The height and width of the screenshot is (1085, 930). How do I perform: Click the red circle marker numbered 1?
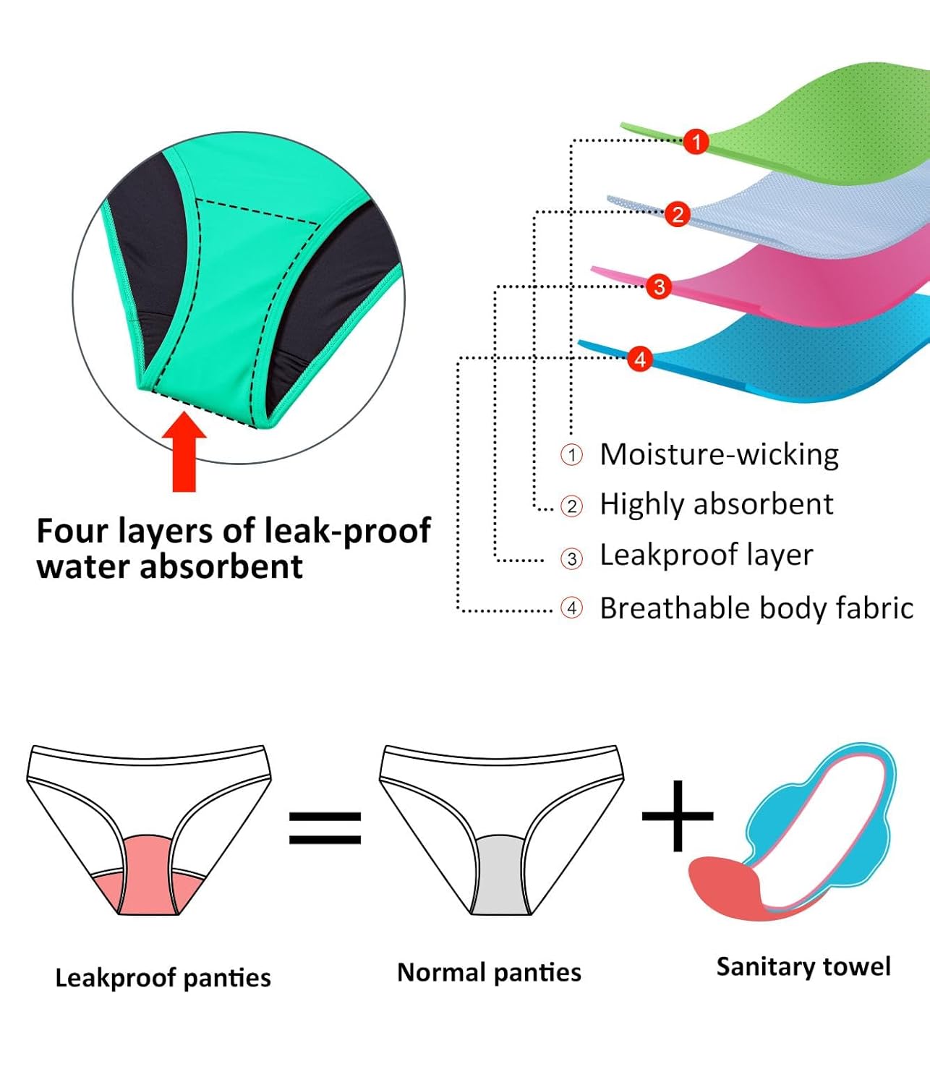click(x=696, y=141)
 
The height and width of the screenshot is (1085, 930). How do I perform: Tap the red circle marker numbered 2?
click(x=678, y=214)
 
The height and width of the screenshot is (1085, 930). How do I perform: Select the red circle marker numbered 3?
click(x=659, y=286)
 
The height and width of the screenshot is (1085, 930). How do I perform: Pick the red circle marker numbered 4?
click(x=639, y=359)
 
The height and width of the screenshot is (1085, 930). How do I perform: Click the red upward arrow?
click(x=184, y=452)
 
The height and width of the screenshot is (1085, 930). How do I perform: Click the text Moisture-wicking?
click(x=719, y=455)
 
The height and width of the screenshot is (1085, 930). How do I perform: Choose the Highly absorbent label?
click(x=716, y=504)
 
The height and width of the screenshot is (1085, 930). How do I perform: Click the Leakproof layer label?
click(x=706, y=556)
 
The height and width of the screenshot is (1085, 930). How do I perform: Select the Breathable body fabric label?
click(x=756, y=608)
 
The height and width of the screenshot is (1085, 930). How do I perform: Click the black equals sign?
click(x=325, y=827)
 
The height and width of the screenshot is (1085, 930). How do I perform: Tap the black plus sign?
click(x=678, y=816)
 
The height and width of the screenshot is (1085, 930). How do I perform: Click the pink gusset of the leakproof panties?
click(x=148, y=879)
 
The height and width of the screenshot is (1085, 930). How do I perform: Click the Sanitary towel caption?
click(x=803, y=967)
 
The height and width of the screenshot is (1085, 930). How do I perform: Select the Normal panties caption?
click(x=489, y=973)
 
